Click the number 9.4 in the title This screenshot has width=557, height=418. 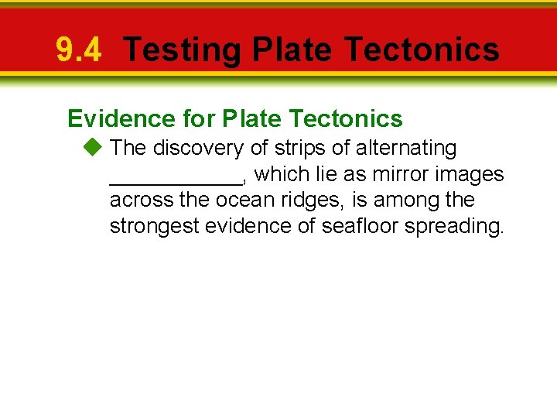pyautogui.click(x=78, y=50)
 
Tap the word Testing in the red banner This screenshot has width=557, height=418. pyautogui.click(x=182, y=50)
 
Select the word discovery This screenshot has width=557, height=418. pyautogui.click(x=198, y=148)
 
